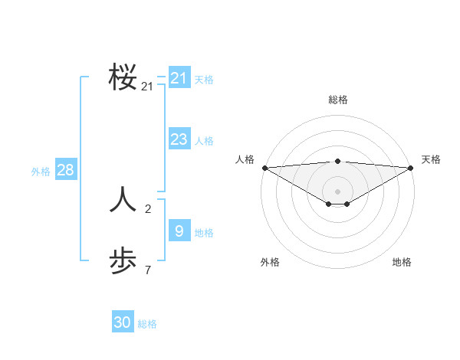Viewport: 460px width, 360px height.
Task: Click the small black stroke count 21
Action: (147, 87)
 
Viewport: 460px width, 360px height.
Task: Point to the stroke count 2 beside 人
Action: (148, 208)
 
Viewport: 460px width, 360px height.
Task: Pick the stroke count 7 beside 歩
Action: (148, 270)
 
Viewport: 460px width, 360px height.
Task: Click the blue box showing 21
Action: (179, 78)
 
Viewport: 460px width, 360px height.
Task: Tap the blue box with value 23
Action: (179, 139)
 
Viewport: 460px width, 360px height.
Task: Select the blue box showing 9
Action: (179, 230)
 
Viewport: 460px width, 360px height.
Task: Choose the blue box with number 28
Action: (65, 170)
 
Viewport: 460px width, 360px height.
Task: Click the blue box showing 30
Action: (123, 322)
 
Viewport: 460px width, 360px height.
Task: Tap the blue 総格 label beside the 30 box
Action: (147, 324)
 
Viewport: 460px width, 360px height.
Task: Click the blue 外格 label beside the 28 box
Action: (41, 172)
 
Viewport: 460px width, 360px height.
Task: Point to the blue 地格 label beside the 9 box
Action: (204, 232)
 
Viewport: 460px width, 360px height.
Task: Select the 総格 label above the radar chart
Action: (338, 100)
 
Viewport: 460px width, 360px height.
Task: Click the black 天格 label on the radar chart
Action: (431, 159)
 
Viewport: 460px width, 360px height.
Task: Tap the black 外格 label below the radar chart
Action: (270, 262)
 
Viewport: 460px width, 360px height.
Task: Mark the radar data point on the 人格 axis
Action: (264, 168)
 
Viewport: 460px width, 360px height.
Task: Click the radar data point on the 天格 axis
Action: (411, 168)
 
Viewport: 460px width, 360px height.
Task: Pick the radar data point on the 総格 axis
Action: (338, 161)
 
